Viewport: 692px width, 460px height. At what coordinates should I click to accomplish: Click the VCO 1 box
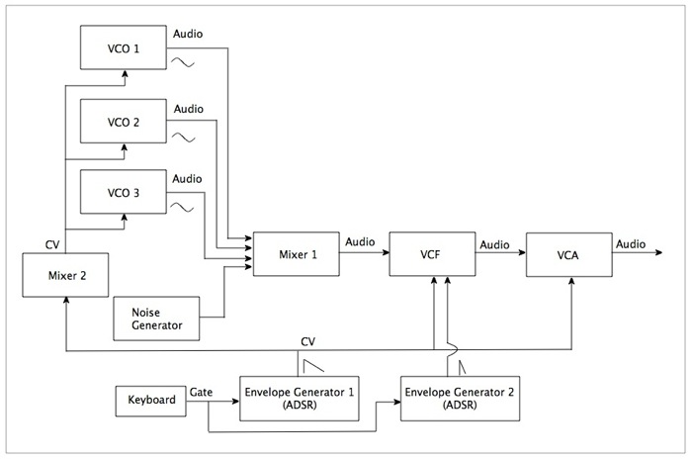(x=123, y=47)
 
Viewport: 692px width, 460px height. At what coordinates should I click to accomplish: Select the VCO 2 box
(x=123, y=122)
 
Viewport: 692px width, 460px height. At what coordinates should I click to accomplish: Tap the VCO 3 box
(x=123, y=193)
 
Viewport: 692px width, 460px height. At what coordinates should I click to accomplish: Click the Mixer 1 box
(x=296, y=253)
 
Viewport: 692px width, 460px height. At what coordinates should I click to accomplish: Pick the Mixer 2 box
(x=64, y=275)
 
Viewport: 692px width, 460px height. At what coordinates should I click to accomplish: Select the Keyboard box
(x=151, y=400)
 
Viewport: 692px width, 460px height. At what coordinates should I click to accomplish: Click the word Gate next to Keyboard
(x=201, y=392)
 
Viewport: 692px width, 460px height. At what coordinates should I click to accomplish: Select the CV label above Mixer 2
(x=52, y=243)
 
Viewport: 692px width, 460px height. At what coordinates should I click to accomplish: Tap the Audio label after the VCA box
(x=631, y=243)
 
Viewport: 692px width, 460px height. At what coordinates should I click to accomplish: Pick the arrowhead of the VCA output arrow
(x=656, y=253)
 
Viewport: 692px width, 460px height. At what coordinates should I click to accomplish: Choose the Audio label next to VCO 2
(x=188, y=108)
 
